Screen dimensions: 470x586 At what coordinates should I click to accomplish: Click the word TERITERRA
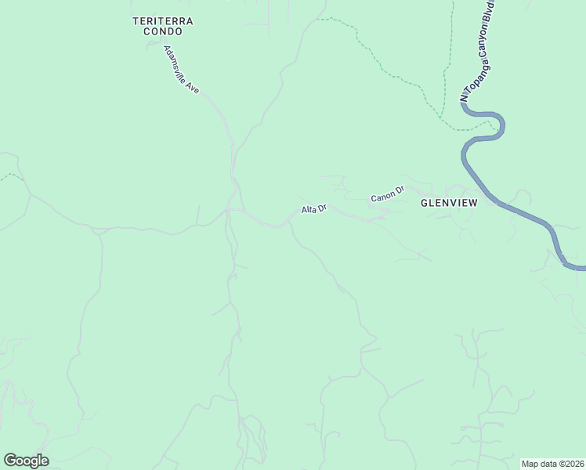[x=163, y=20]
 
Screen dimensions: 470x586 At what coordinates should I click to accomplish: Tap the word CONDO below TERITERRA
[x=163, y=32]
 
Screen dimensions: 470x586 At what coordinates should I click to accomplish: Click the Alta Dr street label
[x=313, y=210]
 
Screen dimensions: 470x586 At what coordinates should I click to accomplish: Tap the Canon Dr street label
[x=387, y=193]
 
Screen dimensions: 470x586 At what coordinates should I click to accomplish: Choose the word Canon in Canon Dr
[x=382, y=195]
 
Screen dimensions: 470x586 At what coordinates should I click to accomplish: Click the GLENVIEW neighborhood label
[x=449, y=202]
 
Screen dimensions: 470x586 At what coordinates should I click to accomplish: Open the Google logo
[x=26, y=461]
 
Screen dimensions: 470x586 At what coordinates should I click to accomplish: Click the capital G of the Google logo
[x=10, y=461]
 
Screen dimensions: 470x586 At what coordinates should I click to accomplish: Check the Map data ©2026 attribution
[x=552, y=464]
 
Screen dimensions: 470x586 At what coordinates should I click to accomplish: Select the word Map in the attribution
[x=530, y=464]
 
